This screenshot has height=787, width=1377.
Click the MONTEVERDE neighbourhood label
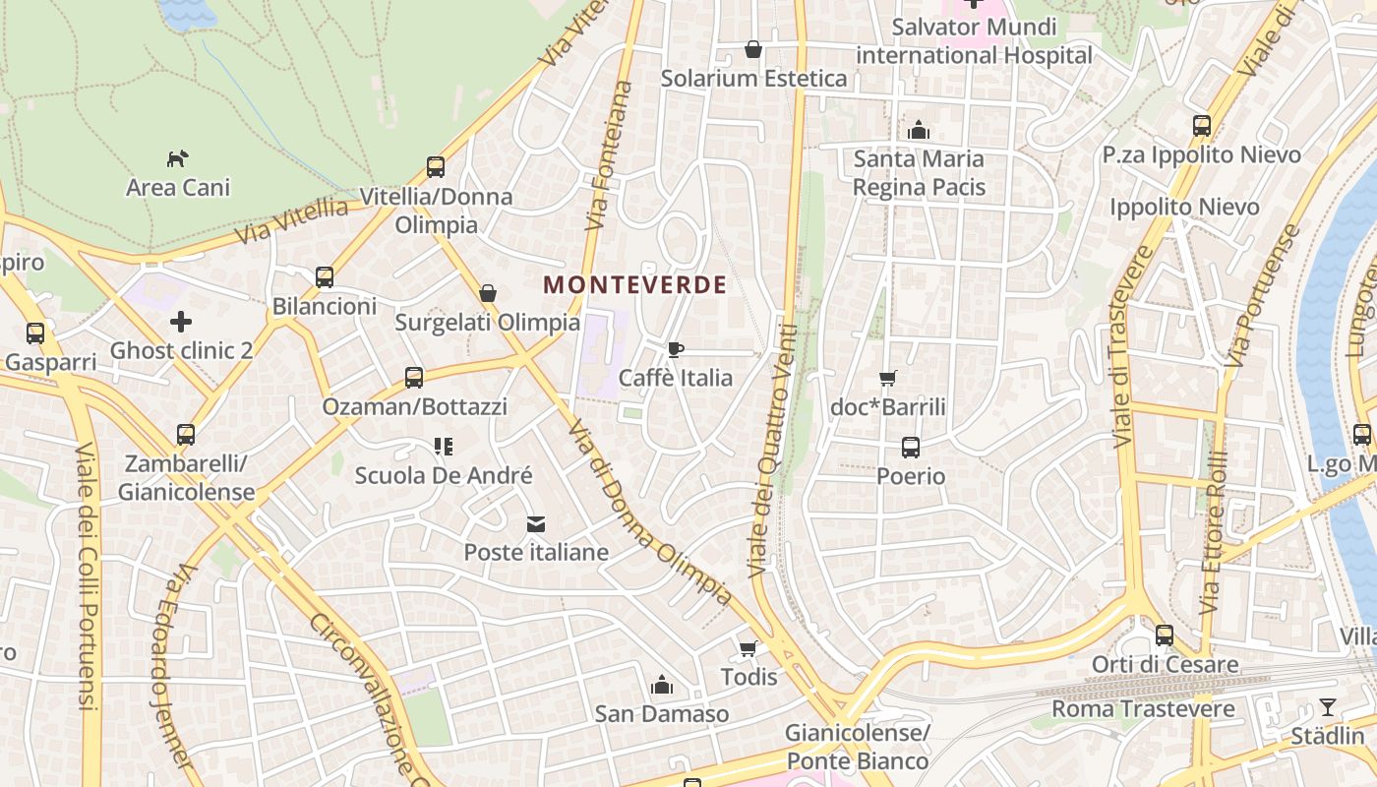(635, 285)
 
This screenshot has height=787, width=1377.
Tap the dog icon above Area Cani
(177, 158)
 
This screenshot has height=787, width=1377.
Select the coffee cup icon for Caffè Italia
(676, 349)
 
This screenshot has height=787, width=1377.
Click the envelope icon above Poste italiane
(535, 524)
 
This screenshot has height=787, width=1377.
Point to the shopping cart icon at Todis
(748, 648)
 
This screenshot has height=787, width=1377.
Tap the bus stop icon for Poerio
(911, 448)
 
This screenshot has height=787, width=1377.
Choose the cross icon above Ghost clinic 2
(181, 322)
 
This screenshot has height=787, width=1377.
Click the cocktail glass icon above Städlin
(1328, 707)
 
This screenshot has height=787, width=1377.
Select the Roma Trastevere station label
(1143, 708)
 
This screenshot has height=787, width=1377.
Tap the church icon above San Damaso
(662, 685)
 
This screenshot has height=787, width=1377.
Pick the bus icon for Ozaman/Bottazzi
(414, 378)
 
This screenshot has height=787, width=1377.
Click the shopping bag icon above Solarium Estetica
(753, 49)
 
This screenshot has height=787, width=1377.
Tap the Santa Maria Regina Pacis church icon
(919, 130)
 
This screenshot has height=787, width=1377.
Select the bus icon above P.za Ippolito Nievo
(1201, 126)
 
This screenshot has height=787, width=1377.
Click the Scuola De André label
(444, 476)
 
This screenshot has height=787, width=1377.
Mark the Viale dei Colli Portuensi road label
(87, 575)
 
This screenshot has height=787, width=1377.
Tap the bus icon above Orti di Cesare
(1165, 636)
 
